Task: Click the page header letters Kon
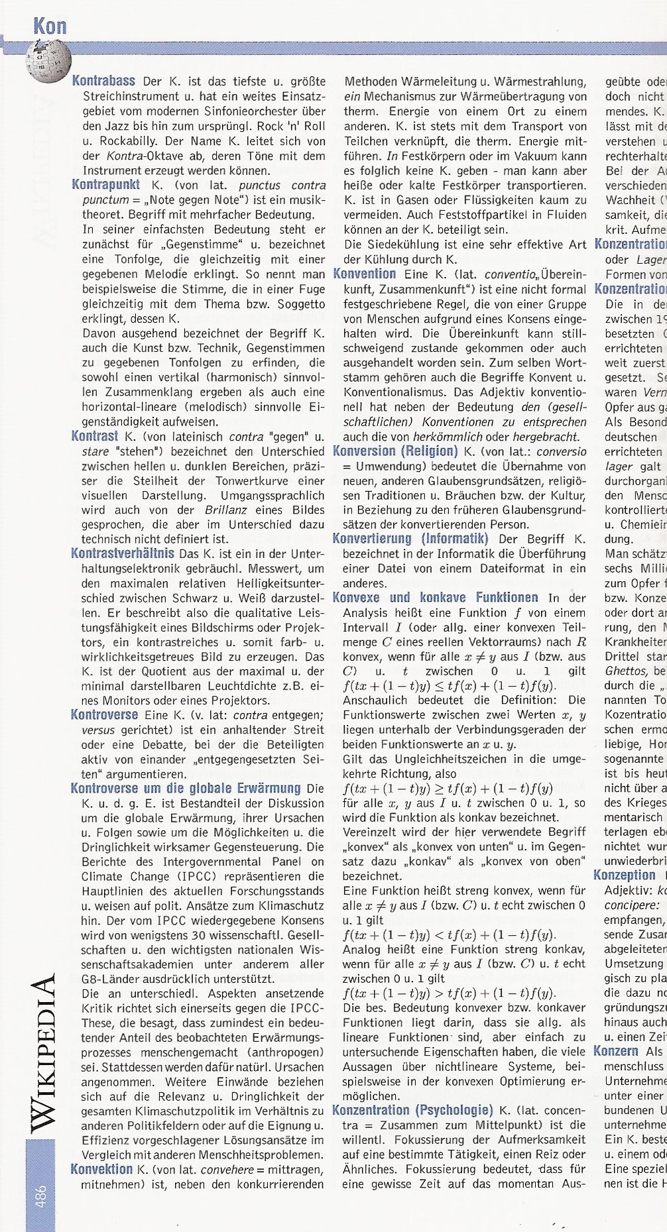point(50,26)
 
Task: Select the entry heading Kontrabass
point(103,82)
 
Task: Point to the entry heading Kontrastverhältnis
point(123,553)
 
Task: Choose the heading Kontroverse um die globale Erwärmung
point(186,789)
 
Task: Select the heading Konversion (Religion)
point(395,451)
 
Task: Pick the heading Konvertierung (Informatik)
point(410,539)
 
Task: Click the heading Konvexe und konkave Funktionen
point(436,597)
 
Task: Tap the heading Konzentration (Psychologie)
point(412,1092)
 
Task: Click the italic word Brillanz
point(223,510)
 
